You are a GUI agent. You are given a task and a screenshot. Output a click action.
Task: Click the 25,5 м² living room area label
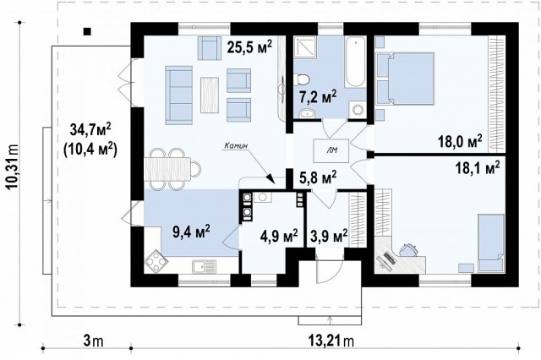[x=249, y=46]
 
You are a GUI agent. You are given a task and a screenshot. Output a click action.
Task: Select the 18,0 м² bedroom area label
[x=460, y=140]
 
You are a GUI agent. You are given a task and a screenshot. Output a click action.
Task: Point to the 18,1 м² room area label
[x=478, y=167]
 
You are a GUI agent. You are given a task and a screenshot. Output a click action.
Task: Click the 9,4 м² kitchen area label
[x=192, y=232]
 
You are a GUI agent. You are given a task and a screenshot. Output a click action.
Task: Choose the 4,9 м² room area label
[x=280, y=237]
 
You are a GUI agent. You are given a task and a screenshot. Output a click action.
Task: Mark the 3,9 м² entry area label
[x=329, y=236]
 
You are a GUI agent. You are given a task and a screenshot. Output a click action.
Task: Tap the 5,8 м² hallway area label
[x=318, y=178]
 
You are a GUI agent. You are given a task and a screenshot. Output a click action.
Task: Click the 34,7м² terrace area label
[x=90, y=130]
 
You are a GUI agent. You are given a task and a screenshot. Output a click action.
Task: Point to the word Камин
[x=236, y=145]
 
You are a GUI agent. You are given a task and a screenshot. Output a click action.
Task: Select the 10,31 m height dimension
[x=14, y=166]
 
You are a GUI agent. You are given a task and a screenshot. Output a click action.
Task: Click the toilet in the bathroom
[x=302, y=79]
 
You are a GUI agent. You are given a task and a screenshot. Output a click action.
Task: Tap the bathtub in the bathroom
[x=355, y=62]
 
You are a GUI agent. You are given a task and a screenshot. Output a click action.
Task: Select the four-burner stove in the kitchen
[x=156, y=260]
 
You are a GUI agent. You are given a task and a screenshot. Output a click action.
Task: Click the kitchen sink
[x=205, y=267]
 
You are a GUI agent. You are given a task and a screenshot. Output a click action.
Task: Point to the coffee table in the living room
[x=210, y=95]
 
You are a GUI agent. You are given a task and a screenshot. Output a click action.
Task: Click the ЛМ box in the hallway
[x=331, y=150]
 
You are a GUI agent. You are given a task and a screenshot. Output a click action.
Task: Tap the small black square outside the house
[x=87, y=31]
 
